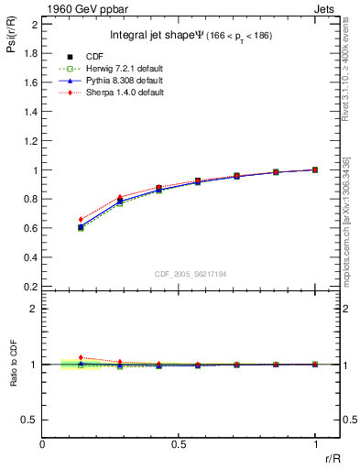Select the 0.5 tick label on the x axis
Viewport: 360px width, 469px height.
pyautogui.click(x=179, y=443)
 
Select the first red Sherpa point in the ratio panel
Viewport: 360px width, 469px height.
pyautogui.click(x=81, y=357)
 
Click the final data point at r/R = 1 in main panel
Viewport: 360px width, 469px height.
pyautogui.click(x=315, y=169)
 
